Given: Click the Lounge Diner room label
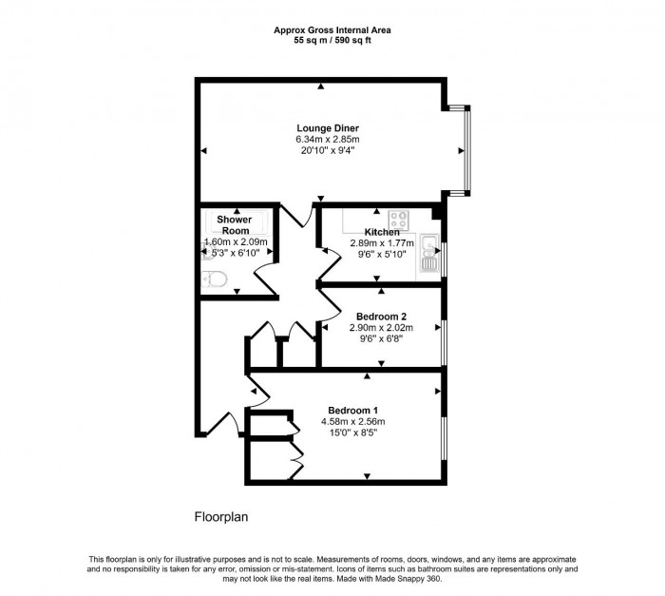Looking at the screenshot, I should coord(328,127).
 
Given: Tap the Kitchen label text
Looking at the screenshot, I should coord(382,232).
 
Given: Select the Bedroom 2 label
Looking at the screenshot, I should coord(381,316).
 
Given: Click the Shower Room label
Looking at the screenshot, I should coord(234,225).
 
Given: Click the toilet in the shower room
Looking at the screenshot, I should coord(214,279).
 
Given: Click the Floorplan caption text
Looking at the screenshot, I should coord(221,518).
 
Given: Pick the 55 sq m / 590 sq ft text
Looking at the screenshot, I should coord(332,41).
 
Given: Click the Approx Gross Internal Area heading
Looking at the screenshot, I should coord(332,30).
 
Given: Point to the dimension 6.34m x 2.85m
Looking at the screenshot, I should coord(328,139).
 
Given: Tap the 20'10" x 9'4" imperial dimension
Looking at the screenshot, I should coord(328,150).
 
